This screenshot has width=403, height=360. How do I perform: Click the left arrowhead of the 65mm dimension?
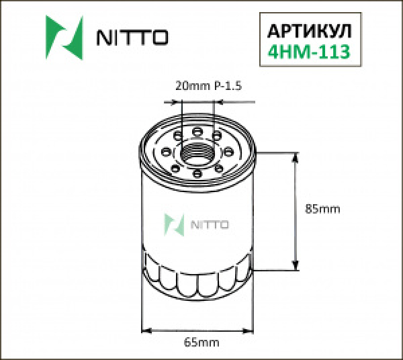tap(148, 330)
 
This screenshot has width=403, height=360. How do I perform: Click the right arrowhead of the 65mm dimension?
tap(251, 330)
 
